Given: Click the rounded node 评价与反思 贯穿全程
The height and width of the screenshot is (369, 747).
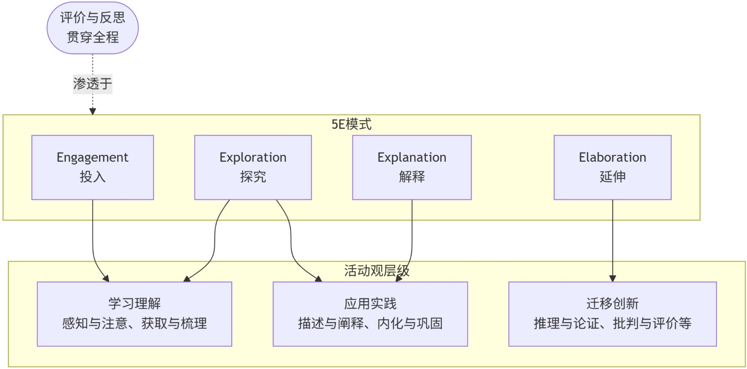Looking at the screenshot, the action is click(92, 28).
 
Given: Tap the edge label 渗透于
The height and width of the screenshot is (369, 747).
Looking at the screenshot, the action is click(92, 84).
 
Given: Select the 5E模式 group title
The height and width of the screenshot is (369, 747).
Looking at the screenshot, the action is click(351, 125).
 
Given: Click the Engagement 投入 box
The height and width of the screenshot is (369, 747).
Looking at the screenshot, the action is click(92, 167).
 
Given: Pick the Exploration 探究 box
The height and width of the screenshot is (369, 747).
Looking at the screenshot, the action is click(253, 167).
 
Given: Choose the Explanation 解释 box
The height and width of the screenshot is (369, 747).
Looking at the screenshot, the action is click(412, 167).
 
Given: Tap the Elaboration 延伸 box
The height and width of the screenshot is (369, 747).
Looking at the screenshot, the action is click(612, 167).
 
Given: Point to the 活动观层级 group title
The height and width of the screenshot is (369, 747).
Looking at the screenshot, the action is click(376, 271).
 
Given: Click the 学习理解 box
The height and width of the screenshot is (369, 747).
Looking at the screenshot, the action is click(134, 314).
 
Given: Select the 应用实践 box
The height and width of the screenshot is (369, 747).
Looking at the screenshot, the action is click(370, 314).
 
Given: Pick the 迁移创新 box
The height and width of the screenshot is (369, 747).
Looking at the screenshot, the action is click(612, 314).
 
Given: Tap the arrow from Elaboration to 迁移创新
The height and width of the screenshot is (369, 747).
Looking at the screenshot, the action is click(612, 241).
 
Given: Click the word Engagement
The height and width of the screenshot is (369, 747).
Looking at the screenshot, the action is click(92, 157).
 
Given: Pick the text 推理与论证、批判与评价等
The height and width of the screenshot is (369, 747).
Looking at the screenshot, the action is click(612, 323).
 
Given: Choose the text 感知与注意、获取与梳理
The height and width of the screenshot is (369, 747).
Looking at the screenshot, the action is click(134, 323).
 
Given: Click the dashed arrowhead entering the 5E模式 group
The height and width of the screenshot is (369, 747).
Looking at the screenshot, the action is click(93, 111).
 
